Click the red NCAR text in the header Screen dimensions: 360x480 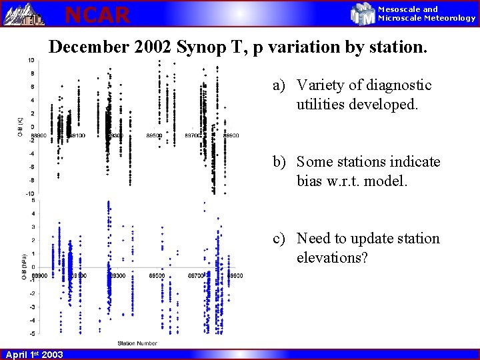pos(97,14)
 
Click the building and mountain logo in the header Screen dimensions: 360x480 pos(23,13)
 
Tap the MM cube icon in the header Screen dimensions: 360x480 pos(363,13)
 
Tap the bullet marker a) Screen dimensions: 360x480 pos(278,85)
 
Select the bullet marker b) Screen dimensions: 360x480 pos(279,162)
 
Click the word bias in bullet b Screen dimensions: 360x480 pos(311,181)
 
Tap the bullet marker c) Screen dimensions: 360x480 pos(278,239)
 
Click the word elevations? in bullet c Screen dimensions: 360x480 pos(332,257)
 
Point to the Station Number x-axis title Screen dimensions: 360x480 pos(137,343)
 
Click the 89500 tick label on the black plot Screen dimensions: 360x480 pos(155,135)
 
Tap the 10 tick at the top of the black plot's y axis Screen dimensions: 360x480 pos(31,61)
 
